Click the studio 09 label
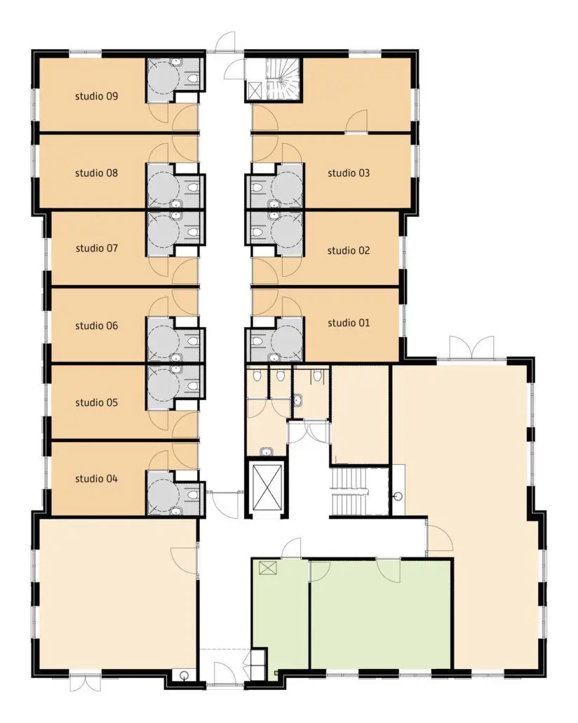(96, 96)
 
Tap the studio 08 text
(96, 173)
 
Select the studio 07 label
(96, 248)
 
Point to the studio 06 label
(96, 326)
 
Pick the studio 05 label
(96, 402)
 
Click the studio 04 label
(96, 479)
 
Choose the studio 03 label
(349, 173)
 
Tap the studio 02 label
(349, 251)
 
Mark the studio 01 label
(349, 323)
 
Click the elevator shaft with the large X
(267, 488)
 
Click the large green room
(380, 613)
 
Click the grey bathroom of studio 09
(174, 80)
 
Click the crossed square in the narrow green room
(268, 568)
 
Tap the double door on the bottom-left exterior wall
(86, 683)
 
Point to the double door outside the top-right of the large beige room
(471, 347)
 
